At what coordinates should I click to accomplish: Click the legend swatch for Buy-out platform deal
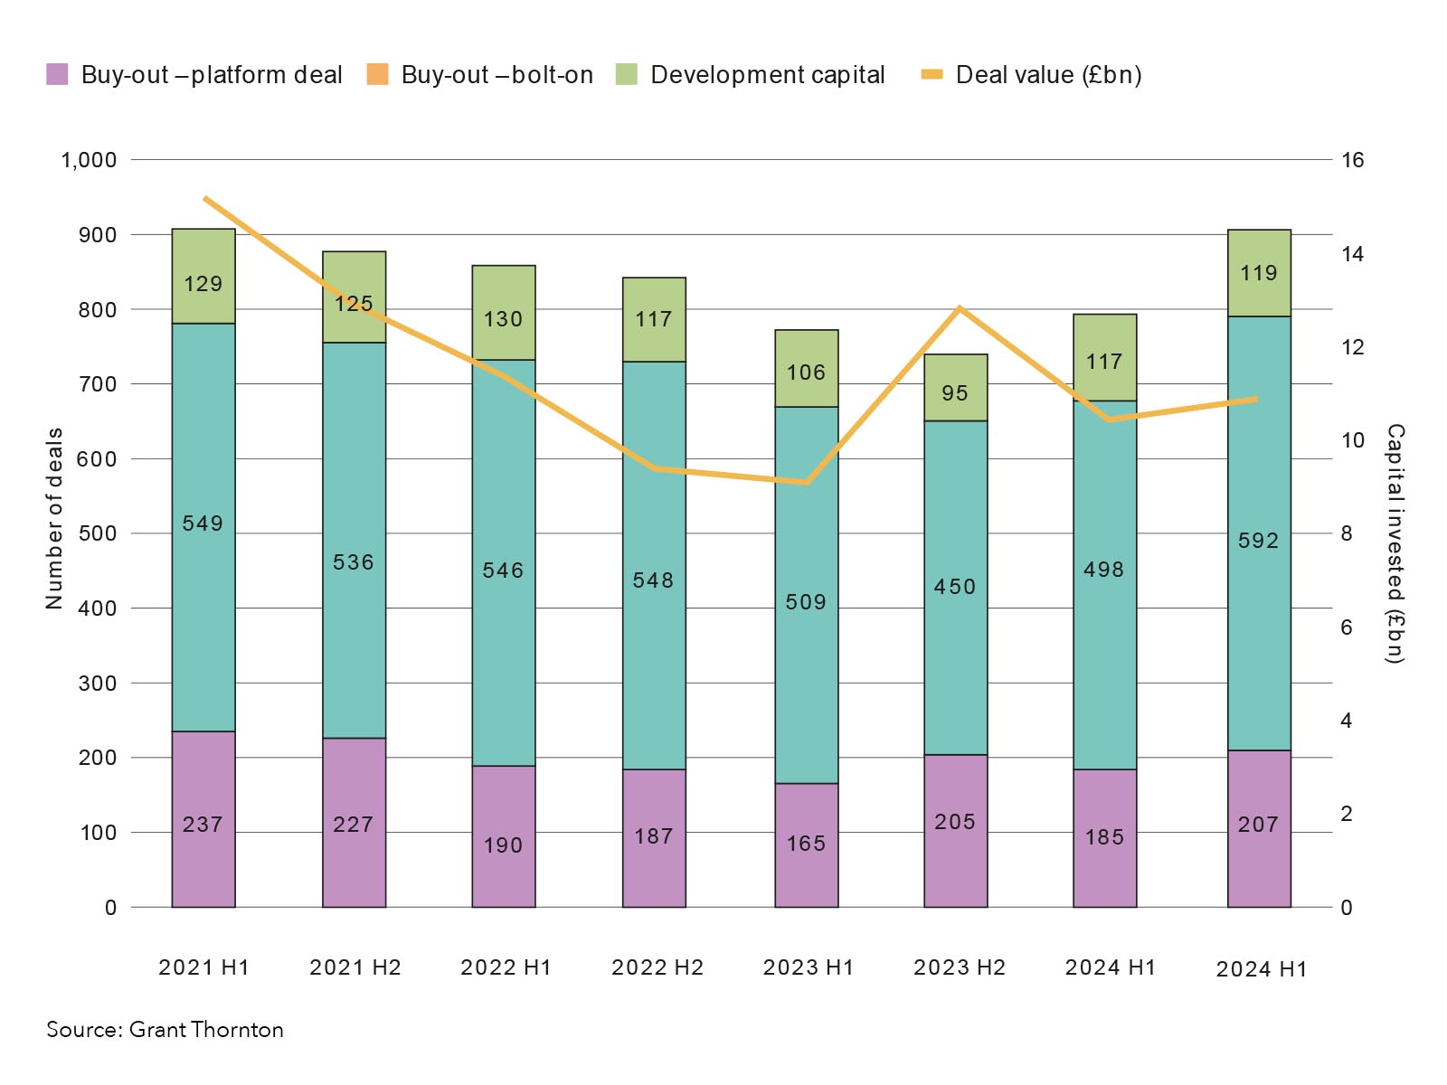pyautogui.click(x=57, y=74)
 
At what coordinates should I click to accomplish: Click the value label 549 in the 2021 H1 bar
pyautogui.click(x=203, y=524)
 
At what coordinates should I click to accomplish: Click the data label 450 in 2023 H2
pyautogui.click(x=955, y=587)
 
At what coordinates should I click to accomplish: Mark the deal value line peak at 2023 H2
pyautogui.click(x=960, y=308)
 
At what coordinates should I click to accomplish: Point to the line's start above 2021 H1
pyautogui.click(x=205, y=198)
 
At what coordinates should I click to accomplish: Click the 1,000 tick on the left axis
pyautogui.click(x=89, y=160)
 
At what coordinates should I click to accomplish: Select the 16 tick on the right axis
pyautogui.click(x=1352, y=160)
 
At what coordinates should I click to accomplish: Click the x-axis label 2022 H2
pyautogui.click(x=657, y=967)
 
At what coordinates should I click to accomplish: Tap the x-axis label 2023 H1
pyautogui.click(x=809, y=967)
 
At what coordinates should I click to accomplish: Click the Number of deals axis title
pyautogui.click(x=54, y=518)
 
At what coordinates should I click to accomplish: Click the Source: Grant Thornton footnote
pyautogui.click(x=165, y=1030)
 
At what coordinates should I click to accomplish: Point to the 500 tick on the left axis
pyautogui.click(x=98, y=533)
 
